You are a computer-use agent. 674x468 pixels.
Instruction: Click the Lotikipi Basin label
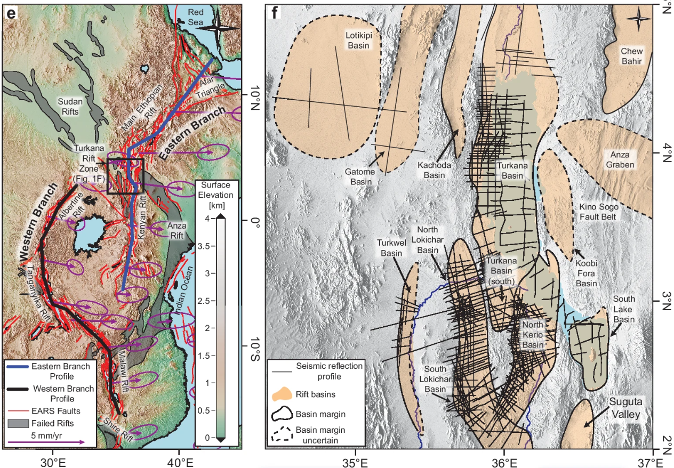tap(359, 40)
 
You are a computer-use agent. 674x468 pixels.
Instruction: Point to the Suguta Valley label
tap(625, 407)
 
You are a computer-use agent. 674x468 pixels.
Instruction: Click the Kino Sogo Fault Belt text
tap(597, 211)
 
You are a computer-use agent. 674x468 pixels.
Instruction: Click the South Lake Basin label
tap(623, 309)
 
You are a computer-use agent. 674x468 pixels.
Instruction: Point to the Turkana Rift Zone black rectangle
tap(125, 175)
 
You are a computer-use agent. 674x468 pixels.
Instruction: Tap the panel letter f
tap(275, 13)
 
